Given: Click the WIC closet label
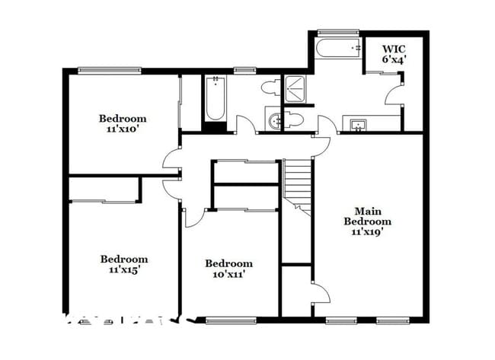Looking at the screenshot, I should (393, 48).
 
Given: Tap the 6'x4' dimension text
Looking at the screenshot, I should (393, 59).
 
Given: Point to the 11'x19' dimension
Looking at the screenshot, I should (367, 232).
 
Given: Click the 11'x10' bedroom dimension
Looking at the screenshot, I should (123, 129).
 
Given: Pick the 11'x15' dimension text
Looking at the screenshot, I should (124, 269).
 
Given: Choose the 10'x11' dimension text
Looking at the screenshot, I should (228, 274).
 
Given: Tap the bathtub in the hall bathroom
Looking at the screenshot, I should (215, 100).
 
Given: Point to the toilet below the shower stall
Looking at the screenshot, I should (293, 119).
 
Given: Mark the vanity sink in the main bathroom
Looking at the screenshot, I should (356, 124).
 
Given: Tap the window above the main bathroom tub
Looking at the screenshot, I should (337, 32).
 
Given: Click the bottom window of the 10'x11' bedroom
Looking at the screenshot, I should (229, 320).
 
